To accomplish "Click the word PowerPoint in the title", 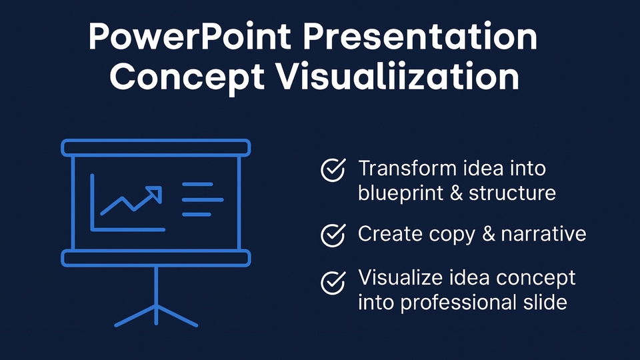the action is [x=190, y=37].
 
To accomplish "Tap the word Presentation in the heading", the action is [x=420, y=37].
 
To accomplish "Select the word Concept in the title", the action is [x=187, y=77].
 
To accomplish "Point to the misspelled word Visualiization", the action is [x=397, y=76].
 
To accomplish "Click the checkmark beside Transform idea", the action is [x=333, y=170].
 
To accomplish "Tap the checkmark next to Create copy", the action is [x=333, y=235].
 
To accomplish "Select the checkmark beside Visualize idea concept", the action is [x=333, y=283].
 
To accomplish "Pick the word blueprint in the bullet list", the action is [x=400, y=193].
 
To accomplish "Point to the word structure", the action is [x=512, y=193].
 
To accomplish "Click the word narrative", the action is [x=543, y=234].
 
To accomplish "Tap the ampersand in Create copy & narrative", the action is [x=489, y=234].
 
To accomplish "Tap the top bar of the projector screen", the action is [x=156, y=148].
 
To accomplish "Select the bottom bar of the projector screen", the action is [x=156, y=259].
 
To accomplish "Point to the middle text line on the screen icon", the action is [x=203, y=200].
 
